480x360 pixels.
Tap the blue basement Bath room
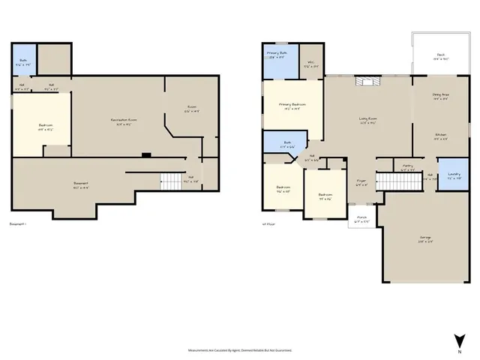(x=22, y=64)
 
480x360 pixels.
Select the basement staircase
(x=172, y=181)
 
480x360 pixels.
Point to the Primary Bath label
(x=277, y=55)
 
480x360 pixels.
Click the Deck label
(x=441, y=55)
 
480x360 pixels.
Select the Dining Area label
(x=440, y=96)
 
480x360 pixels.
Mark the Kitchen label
(x=441, y=136)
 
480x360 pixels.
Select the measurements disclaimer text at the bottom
(x=240, y=349)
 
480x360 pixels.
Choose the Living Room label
(x=367, y=119)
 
